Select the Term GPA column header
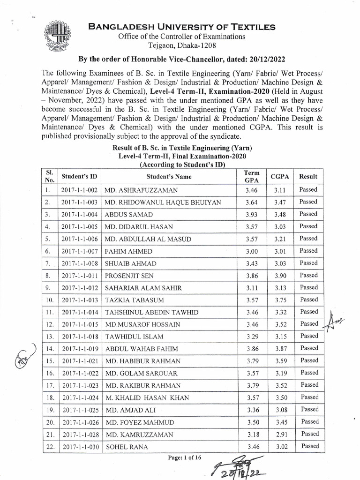[248, 177]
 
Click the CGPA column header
[280, 177]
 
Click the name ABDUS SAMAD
[129, 215]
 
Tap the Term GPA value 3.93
[248, 215]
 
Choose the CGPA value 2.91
[281, 435]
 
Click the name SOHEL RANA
[127, 447]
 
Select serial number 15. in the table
[48, 361]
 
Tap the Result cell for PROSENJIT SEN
[308, 275]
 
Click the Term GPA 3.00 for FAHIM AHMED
[248, 251]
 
